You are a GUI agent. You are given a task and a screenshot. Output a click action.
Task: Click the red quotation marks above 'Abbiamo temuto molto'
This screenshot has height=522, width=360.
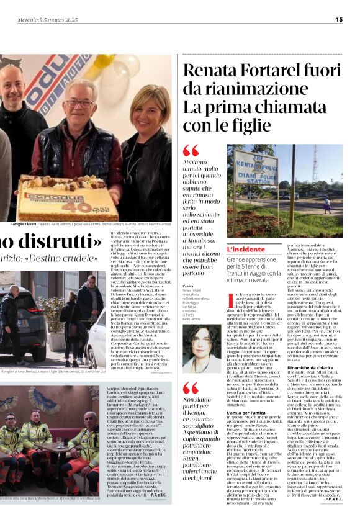click(191, 150)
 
